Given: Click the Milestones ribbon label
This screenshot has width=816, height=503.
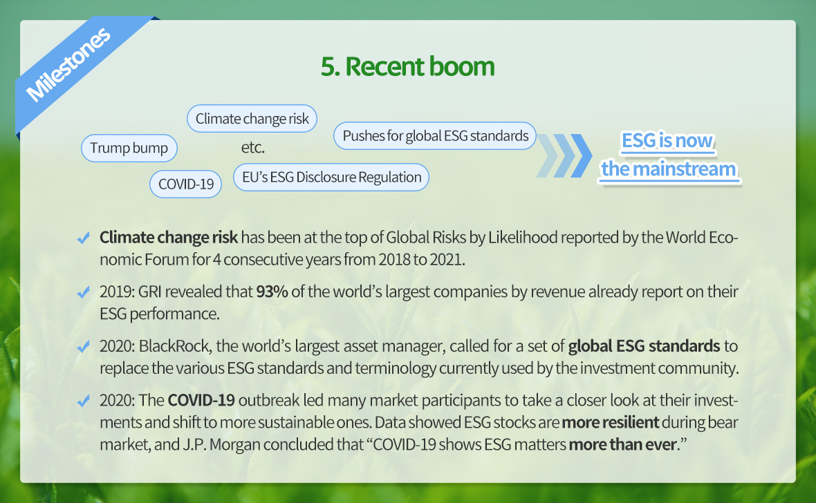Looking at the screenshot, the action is (x=68, y=64).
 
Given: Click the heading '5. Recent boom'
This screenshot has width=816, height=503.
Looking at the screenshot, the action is (x=407, y=66).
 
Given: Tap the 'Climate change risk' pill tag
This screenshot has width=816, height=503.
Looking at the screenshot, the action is (x=252, y=119).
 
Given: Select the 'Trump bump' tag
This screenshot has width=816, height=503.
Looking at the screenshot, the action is (x=129, y=148).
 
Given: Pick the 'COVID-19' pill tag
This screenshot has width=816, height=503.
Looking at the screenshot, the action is (x=186, y=184).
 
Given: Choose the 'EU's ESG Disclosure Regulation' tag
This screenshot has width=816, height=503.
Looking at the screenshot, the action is (x=331, y=178).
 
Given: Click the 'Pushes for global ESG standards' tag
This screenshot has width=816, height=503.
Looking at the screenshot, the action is (x=435, y=135).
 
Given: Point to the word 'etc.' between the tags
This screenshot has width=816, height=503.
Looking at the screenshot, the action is (x=253, y=148).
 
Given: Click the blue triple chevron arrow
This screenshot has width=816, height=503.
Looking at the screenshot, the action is (x=565, y=155).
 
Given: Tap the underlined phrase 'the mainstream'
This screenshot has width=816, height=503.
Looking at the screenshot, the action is (x=669, y=169).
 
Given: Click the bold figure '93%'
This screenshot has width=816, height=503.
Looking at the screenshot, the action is (x=272, y=292).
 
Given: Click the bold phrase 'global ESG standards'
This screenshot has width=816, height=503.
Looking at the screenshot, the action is (x=644, y=346).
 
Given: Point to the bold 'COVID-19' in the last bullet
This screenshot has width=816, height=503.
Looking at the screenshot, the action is (x=201, y=400).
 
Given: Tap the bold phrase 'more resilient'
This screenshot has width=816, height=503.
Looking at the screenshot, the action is (x=610, y=422).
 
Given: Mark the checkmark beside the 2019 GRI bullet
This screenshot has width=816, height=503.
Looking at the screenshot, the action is (x=83, y=292).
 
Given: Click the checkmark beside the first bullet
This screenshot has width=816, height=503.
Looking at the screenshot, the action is (x=83, y=238).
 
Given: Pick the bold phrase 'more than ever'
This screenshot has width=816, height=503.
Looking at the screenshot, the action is (x=622, y=444).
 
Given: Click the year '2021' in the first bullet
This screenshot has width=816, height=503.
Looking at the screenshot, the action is (x=445, y=259).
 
